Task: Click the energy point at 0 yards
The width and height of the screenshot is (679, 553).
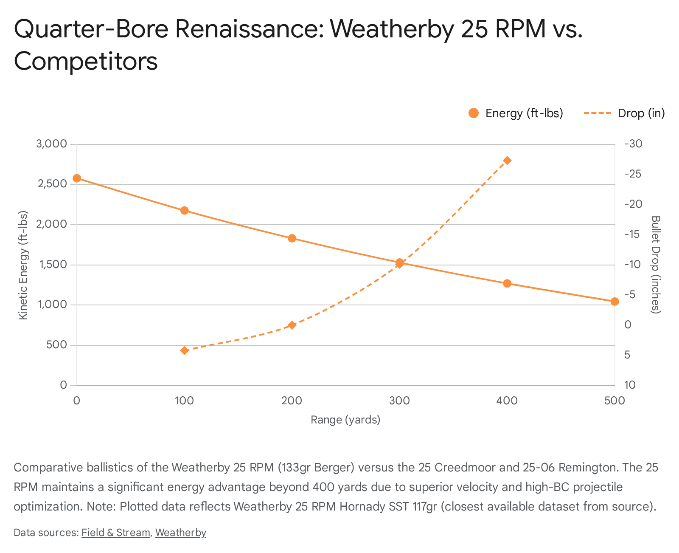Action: (x=77, y=178)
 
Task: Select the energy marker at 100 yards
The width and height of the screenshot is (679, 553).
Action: (x=184, y=210)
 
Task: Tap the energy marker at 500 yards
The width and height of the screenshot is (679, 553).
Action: (x=614, y=301)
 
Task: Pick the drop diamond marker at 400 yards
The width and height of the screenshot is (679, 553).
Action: (x=507, y=160)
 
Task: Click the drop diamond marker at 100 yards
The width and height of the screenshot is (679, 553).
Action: (x=184, y=350)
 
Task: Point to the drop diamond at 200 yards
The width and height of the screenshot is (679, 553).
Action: (x=292, y=325)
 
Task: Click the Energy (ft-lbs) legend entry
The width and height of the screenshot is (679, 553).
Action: (x=516, y=113)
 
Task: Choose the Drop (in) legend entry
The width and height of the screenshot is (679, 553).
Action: (x=624, y=113)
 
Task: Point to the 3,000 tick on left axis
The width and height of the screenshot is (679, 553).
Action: (x=52, y=144)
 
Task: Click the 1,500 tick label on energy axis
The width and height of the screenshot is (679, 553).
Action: (x=52, y=265)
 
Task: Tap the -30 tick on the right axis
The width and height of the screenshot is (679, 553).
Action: (x=634, y=144)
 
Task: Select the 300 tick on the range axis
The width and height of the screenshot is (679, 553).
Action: (x=399, y=401)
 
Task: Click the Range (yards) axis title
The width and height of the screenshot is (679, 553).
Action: (x=345, y=420)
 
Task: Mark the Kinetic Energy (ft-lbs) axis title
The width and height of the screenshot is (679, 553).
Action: (x=23, y=265)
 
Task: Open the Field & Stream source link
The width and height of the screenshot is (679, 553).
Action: (x=115, y=533)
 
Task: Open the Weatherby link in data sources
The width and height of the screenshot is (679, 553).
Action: (x=181, y=533)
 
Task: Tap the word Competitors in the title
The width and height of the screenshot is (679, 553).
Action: (x=86, y=61)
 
